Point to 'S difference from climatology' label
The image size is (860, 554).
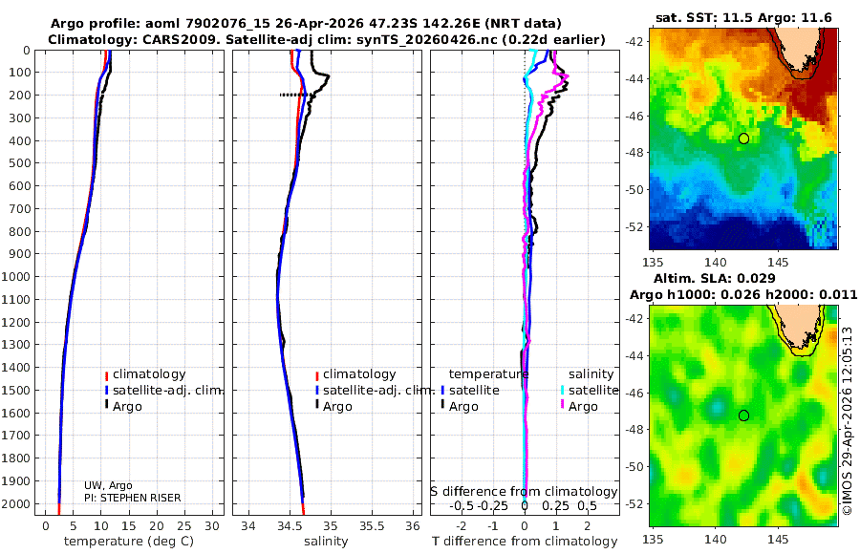[524, 491]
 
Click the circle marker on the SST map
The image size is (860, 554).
[743, 138]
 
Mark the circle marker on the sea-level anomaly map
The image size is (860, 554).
[743, 415]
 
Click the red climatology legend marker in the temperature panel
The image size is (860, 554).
[107, 374]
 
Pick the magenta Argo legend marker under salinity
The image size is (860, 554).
[562, 406]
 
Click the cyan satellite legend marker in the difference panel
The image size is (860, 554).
[562, 390]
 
